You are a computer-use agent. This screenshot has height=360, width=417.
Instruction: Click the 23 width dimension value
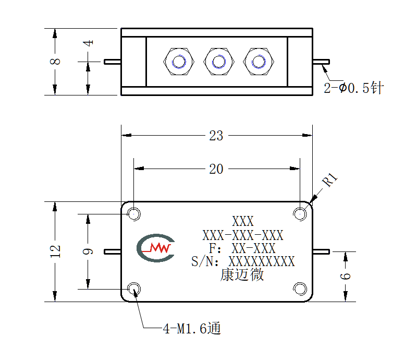(x=216, y=136)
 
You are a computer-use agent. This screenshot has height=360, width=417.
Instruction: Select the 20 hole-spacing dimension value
(x=216, y=169)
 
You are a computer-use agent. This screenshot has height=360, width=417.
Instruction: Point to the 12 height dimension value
(x=55, y=251)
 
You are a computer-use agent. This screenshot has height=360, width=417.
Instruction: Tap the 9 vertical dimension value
(x=88, y=251)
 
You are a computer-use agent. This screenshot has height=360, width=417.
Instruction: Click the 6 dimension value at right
(x=345, y=276)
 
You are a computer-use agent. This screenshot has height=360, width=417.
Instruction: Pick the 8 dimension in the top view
(x=55, y=62)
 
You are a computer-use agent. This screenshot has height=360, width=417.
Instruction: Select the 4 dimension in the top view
(x=88, y=43)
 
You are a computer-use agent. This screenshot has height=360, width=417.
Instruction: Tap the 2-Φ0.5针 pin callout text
(x=353, y=88)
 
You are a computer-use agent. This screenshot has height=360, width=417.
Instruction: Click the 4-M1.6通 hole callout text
(x=192, y=328)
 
